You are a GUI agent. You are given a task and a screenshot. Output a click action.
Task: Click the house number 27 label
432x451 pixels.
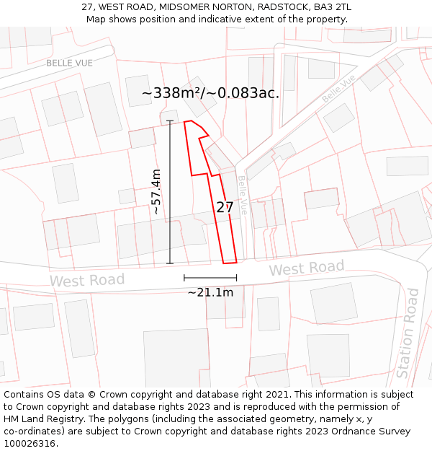point(225,208)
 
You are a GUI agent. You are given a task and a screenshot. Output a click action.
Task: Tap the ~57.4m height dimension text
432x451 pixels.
point(156,192)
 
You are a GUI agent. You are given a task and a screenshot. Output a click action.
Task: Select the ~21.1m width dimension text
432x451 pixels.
point(210,292)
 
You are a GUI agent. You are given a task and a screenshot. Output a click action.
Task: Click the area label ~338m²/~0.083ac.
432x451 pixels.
point(210,93)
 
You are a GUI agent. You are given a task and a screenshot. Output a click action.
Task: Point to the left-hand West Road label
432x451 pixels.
point(87,280)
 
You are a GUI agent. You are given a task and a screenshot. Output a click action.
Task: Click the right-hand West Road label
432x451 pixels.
point(307,268)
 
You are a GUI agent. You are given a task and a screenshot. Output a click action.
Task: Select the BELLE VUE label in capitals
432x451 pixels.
point(70,63)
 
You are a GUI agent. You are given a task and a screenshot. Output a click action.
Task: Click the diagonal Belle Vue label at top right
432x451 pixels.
point(338,88)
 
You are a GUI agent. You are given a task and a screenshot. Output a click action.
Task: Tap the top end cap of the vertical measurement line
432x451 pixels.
point(171,121)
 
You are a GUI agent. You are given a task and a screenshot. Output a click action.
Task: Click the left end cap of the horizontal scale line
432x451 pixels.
point(184,278)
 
